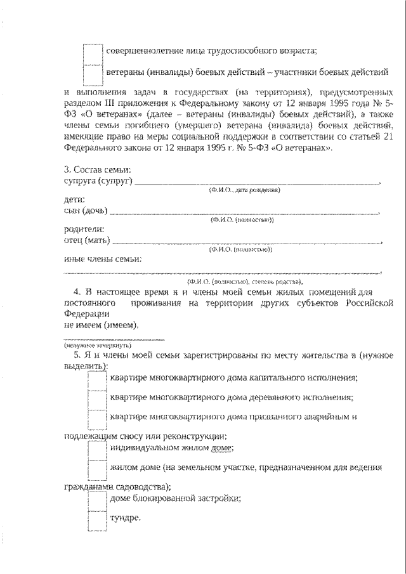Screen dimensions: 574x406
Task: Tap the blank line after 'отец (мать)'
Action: click(x=247, y=242)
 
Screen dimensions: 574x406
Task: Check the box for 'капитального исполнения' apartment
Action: click(x=97, y=379)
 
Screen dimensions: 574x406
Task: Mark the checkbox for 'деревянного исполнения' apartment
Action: click(x=97, y=400)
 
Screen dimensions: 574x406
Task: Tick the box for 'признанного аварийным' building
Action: click(x=97, y=420)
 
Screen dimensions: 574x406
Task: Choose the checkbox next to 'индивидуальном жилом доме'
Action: click(x=97, y=450)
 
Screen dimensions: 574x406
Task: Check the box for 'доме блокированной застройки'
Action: click(x=97, y=500)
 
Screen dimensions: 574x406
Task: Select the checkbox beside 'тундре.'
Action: click(x=97, y=520)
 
